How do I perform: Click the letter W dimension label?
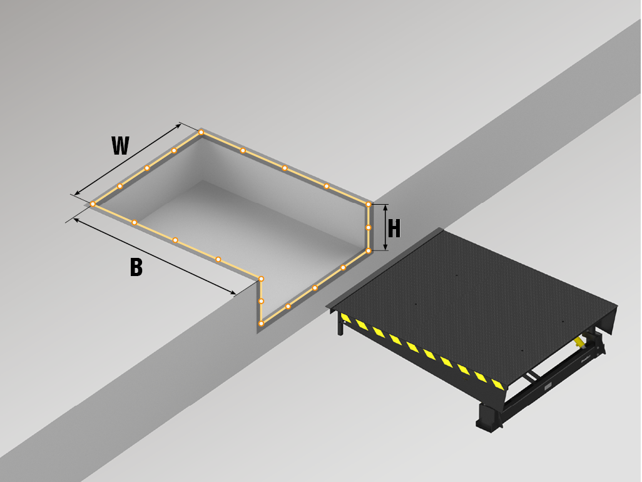tap(120, 146)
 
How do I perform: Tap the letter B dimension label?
tap(136, 267)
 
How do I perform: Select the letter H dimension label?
tap(394, 228)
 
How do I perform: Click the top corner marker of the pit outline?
tap(201, 132)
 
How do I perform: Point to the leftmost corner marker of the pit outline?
tap(93, 204)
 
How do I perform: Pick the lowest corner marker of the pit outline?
tap(261, 324)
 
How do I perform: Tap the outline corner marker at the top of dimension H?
tap(369, 204)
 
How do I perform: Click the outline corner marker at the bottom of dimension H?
tap(369, 250)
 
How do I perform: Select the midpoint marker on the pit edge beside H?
tap(369, 227)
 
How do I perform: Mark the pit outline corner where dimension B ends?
tap(261, 279)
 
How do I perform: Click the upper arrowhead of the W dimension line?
tap(178, 125)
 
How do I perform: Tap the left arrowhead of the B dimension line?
tap(76, 220)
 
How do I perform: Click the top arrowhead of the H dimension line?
tap(385, 208)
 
